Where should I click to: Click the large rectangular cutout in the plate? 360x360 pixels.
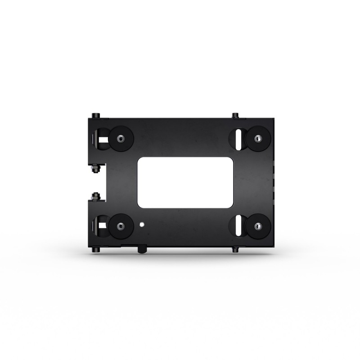[186, 182]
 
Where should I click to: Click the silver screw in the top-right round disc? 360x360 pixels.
[257, 138]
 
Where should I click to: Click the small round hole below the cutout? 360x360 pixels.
[142, 223]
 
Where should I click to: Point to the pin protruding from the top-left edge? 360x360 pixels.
[96, 116]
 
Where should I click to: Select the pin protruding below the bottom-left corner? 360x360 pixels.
[96, 249]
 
